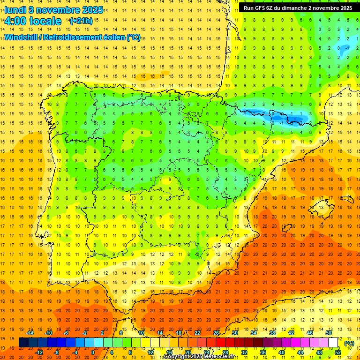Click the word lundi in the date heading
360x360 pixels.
15,10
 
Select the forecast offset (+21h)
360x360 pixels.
81,21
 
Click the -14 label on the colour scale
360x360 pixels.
30,333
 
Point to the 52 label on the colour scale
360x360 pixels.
338,352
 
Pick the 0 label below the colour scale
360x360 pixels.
93,352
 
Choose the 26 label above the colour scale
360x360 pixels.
216,333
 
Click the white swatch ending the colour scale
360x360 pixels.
333,343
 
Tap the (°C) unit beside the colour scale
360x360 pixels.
349,343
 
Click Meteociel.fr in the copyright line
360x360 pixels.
217,357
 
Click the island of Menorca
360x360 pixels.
347,197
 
